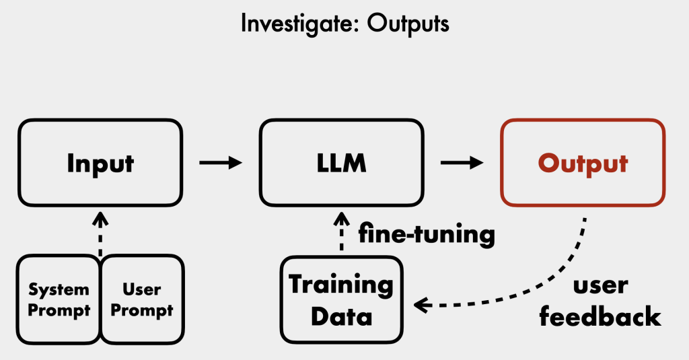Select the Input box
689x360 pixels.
(x=100, y=163)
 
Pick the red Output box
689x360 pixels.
(x=583, y=163)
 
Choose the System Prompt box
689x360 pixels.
(x=59, y=299)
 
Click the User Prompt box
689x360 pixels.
(x=142, y=299)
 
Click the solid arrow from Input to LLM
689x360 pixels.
(x=220, y=163)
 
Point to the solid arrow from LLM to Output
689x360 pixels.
(x=462, y=163)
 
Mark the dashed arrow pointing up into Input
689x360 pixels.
(x=100, y=234)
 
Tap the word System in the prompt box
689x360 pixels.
(x=59, y=289)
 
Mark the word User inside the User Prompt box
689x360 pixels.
(x=142, y=289)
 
